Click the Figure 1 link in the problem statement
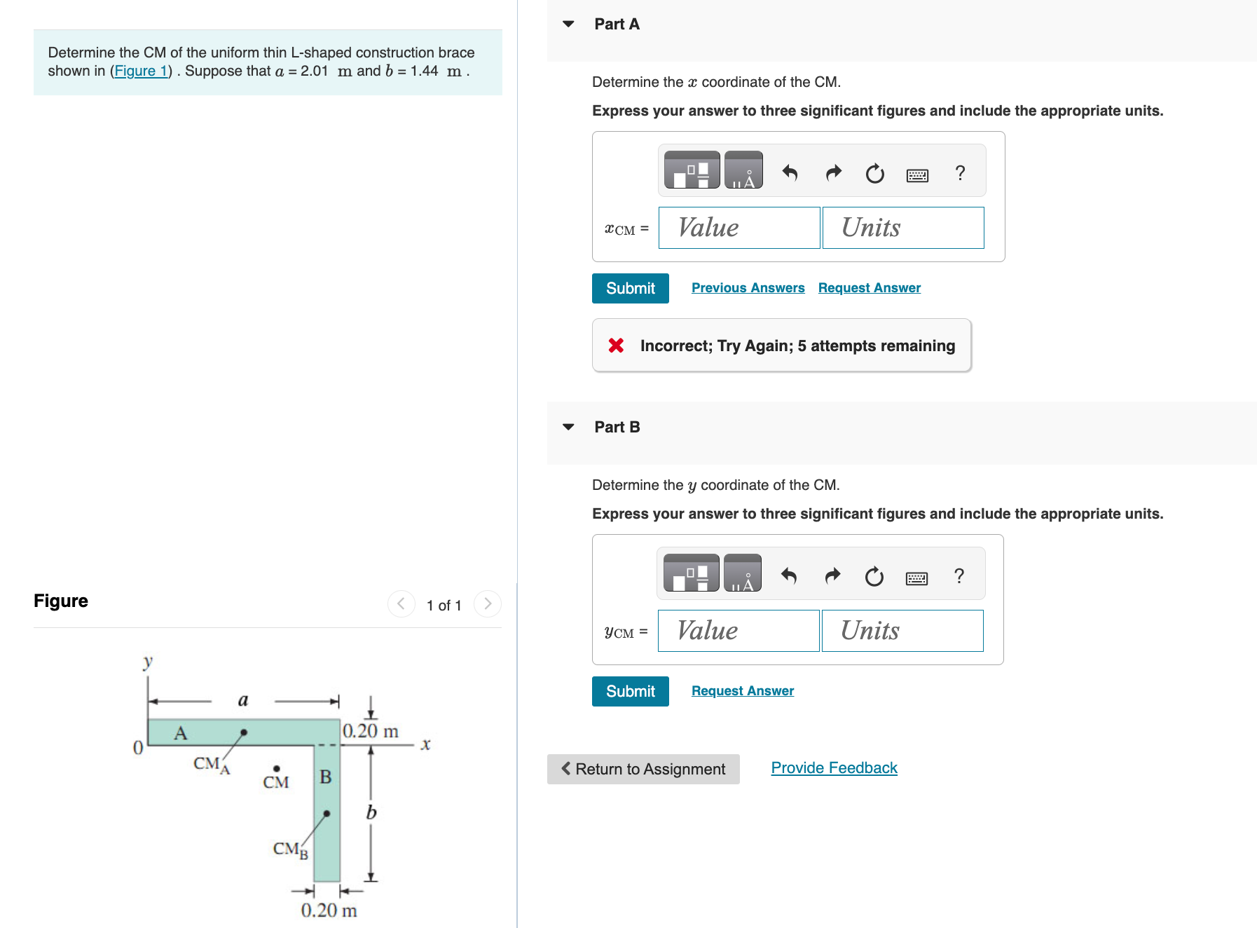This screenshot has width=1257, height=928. tap(142, 71)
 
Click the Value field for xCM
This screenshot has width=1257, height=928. tap(739, 228)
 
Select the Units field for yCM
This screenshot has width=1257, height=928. tap(902, 631)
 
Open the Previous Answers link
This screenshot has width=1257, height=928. tap(748, 288)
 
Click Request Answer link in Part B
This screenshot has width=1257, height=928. tap(742, 691)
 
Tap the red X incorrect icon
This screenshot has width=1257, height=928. tap(616, 346)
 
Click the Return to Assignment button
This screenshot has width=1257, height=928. tap(643, 769)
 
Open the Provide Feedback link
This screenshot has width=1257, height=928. tap(834, 768)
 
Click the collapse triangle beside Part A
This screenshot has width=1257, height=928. tap(568, 24)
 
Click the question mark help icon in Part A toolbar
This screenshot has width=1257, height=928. tap(960, 172)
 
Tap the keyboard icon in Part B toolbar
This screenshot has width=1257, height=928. tap(916, 578)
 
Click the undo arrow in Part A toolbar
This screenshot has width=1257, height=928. tap(790, 172)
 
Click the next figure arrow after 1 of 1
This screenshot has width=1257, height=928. tap(488, 603)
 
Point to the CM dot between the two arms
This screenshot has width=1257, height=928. tap(277, 769)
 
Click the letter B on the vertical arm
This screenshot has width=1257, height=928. tap(326, 777)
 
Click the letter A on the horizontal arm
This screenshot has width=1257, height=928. tap(181, 733)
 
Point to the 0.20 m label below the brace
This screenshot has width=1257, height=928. tap(329, 910)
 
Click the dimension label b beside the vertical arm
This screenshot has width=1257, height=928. tap(371, 812)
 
